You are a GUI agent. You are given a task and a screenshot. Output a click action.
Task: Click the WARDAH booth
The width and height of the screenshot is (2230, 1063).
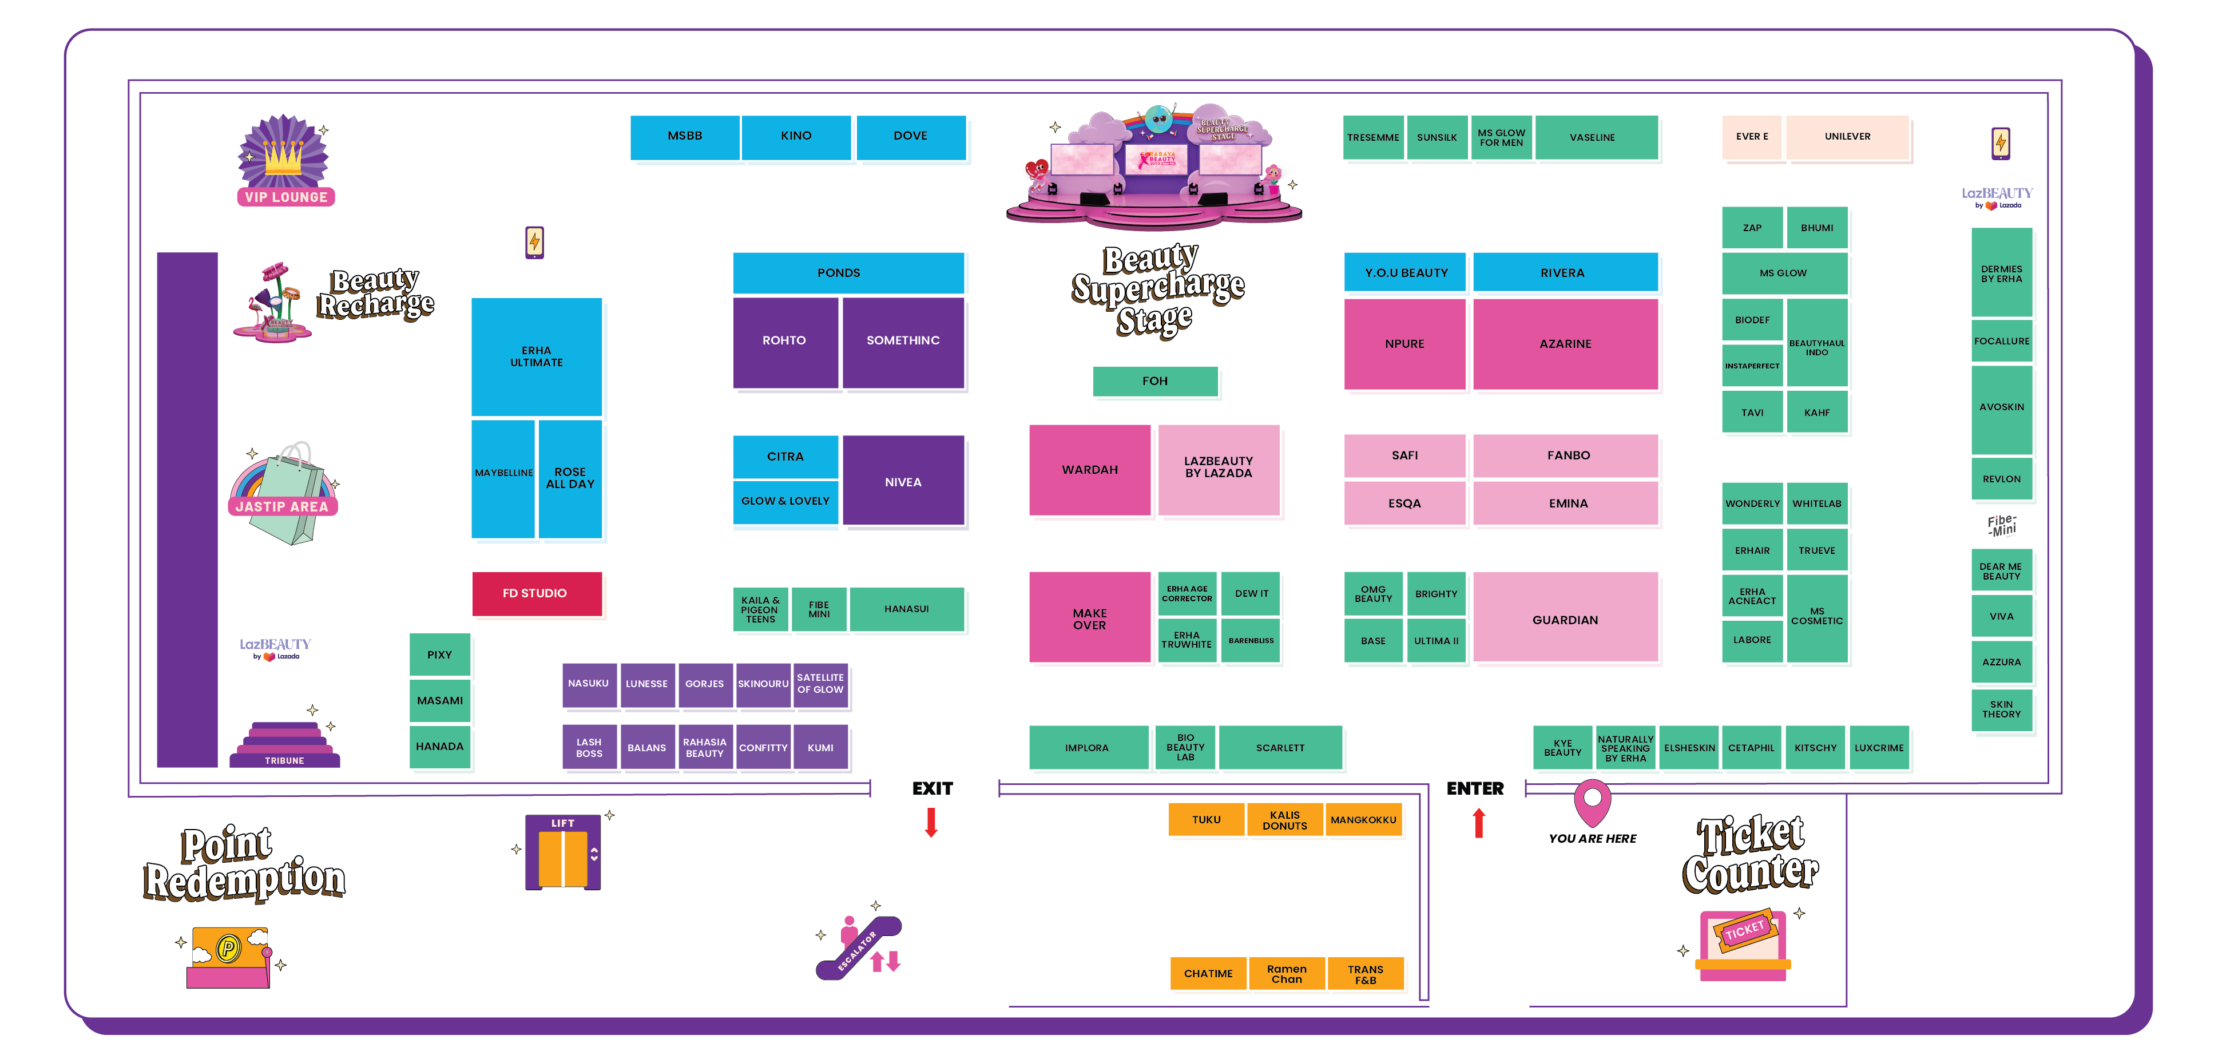pyautogui.click(x=1089, y=469)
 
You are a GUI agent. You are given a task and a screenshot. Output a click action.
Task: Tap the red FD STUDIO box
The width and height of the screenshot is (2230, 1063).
pyautogui.click(x=537, y=593)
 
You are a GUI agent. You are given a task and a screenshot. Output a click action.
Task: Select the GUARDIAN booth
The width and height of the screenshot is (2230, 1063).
pyautogui.click(x=1565, y=619)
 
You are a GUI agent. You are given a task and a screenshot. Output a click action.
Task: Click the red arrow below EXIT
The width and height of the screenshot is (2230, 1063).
pyautogui.click(x=931, y=822)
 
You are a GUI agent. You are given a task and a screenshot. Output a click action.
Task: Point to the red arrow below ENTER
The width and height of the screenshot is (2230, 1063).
pyautogui.click(x=1479, y=822)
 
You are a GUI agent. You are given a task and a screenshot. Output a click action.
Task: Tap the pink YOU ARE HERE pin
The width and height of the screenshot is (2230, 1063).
pyautogui.click(x=1592, y=803)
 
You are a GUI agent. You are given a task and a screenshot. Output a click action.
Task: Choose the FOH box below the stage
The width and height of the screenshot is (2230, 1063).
pyautogui.click(x=1155, y=381)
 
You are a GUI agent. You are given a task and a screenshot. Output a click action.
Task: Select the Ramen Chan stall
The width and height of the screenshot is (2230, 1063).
pyautogui.click(x=1287, y=974)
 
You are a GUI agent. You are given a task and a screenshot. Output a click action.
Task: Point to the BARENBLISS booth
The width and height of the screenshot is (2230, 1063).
pyautogui.click(x=1251, y=641)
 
